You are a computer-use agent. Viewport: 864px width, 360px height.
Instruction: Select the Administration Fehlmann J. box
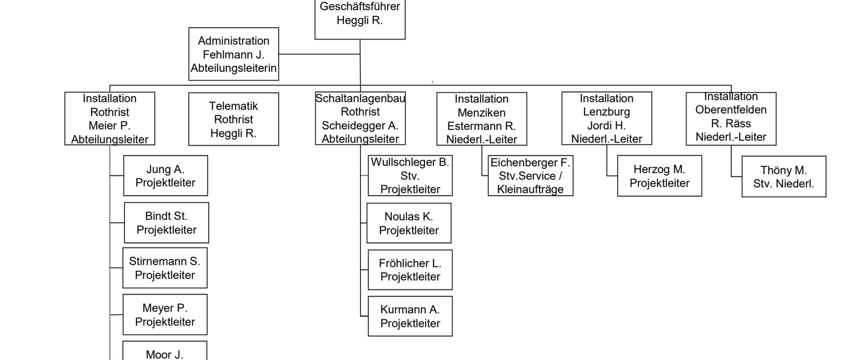233,54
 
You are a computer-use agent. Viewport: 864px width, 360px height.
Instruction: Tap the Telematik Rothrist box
233,119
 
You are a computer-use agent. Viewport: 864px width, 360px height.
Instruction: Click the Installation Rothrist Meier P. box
110,119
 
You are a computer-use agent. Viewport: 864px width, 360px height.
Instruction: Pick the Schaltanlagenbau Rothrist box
360,118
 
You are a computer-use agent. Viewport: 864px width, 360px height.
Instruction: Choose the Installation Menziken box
481,119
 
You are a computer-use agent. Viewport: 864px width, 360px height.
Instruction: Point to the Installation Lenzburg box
606,118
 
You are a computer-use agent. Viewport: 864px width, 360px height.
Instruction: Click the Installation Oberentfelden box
731,118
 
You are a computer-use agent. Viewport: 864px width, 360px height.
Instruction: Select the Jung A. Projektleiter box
166,176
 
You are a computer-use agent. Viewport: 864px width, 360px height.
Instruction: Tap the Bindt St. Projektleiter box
167,223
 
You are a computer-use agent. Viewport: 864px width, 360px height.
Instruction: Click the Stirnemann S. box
165,268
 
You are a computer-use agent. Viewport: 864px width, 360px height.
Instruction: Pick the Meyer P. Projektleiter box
165,315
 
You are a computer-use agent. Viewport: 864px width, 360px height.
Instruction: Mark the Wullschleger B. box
410,176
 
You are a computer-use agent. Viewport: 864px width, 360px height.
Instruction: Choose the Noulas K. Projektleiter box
409,223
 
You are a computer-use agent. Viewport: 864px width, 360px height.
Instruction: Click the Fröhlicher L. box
410,270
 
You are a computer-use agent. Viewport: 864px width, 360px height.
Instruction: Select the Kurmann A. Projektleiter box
410,316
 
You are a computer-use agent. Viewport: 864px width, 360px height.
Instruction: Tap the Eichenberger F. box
530,176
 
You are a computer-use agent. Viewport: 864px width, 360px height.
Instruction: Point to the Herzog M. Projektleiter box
659,176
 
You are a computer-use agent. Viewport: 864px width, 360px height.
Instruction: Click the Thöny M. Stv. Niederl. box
784,177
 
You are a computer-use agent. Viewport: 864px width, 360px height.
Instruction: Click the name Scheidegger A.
360,125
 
